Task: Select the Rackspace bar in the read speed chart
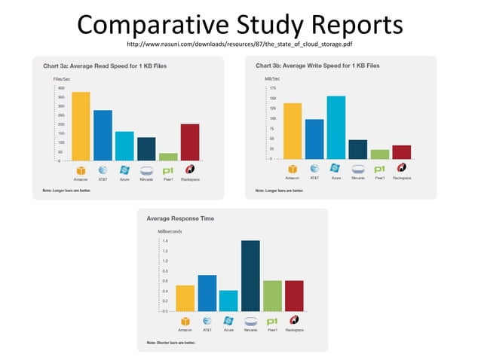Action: tap(190, 142)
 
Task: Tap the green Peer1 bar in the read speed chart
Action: tap(168, 157)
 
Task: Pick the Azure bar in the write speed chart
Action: tap(335, 127)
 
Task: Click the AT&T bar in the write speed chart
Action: tap(314, 139)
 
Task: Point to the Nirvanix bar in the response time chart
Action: tap(250, 276)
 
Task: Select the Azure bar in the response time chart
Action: tap(228, 300)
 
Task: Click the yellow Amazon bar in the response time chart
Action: tap(185, 297)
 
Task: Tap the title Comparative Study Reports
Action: tap(240, 25)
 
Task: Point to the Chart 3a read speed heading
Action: tap(104, 66)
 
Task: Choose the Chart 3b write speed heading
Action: tap(317, 66)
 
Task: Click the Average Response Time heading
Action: tap(180, 218)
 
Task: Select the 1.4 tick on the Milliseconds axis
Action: tap(165, 241)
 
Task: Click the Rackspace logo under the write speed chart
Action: tap(401, 168)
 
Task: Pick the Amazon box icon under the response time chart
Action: tap(185, 321)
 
